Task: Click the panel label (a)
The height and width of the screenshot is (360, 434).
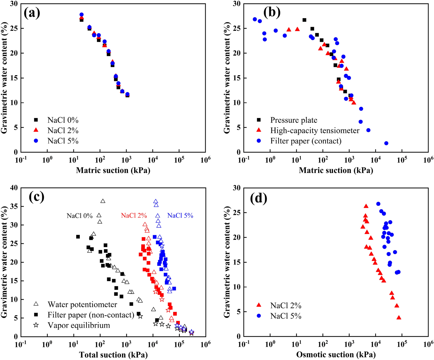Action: coord(32,13)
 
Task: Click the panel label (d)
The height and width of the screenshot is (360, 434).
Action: coord(259,199)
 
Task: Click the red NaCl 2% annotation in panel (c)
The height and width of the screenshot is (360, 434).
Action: coord(134,216)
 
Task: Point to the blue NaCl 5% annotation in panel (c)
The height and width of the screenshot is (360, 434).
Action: coord(180,216)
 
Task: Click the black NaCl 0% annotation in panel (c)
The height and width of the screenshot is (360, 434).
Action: coord(80,216)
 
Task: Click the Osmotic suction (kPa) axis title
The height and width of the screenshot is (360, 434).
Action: coord(336,355)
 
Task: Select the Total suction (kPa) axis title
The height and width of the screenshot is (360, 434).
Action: coord(113,355)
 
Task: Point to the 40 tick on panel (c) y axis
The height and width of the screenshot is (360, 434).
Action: coord(14,188)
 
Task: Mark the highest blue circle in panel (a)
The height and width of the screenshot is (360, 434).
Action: coord(81,15)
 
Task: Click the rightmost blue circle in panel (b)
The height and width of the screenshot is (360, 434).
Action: coord(386,143)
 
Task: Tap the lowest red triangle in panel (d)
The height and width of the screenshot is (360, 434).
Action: coord(399,318)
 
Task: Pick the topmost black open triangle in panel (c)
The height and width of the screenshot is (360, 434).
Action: coord(103,201)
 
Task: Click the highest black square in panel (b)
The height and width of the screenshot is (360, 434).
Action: coord(304,20)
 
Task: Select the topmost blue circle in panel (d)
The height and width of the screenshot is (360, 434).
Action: coord(378,204)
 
